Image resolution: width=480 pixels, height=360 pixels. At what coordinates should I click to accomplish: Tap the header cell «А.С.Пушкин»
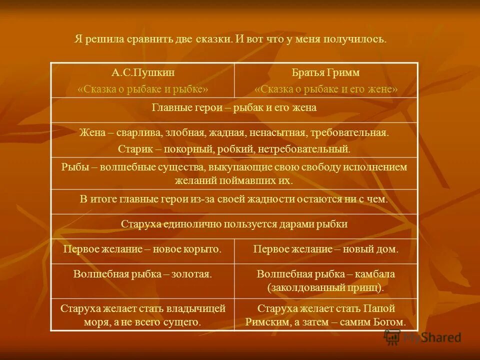click(x=142, y=72)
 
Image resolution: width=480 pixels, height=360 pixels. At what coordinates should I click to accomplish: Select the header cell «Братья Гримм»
click(x=325, y=72)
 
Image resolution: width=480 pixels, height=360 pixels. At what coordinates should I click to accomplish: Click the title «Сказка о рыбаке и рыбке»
click(x=142, y=89)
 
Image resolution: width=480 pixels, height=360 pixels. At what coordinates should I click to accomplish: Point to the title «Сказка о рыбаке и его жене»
click(x=325, y=89)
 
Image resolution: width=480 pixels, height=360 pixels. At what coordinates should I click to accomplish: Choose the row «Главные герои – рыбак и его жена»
click(x=234, y=107)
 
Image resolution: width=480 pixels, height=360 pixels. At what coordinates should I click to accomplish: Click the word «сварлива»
click(x=137, y=133)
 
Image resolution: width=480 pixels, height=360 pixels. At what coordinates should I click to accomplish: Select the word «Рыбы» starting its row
click(x=72, y=167)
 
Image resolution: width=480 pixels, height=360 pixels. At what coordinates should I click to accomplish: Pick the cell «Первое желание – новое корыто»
click(x=142, y=248)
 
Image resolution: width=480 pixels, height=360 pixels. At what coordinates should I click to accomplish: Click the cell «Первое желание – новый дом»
click(x=325, y=248)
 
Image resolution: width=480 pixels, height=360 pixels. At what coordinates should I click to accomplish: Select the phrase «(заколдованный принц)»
click(x=325, y=287)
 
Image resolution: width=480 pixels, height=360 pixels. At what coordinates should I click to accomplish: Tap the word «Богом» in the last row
click(x=388, y=322)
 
